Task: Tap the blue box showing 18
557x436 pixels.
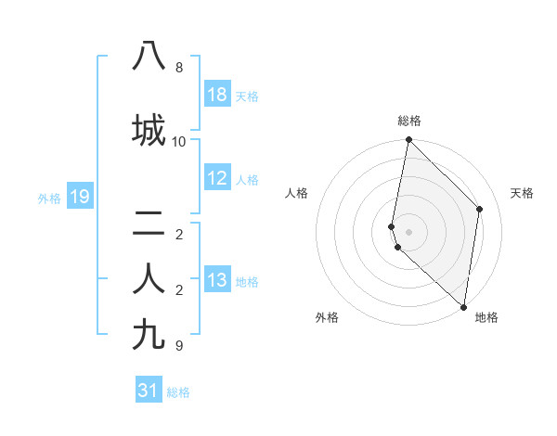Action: point(217,96)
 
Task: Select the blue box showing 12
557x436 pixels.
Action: point(217,179)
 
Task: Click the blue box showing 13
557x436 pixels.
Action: point(217,280)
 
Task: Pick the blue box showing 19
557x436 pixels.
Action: point(80,197)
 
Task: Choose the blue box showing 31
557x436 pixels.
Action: point(149,391)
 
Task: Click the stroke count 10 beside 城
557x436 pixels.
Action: point(179,142)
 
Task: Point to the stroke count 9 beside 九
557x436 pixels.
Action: point(179,346)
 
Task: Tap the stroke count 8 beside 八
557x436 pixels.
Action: point(179,68)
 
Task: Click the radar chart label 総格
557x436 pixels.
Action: point(409,121)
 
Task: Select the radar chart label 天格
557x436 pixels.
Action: point(523,193)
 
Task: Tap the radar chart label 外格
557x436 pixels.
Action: point(327,317)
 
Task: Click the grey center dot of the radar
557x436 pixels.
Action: point(408,231)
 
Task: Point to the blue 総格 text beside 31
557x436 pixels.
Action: point(178,392)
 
